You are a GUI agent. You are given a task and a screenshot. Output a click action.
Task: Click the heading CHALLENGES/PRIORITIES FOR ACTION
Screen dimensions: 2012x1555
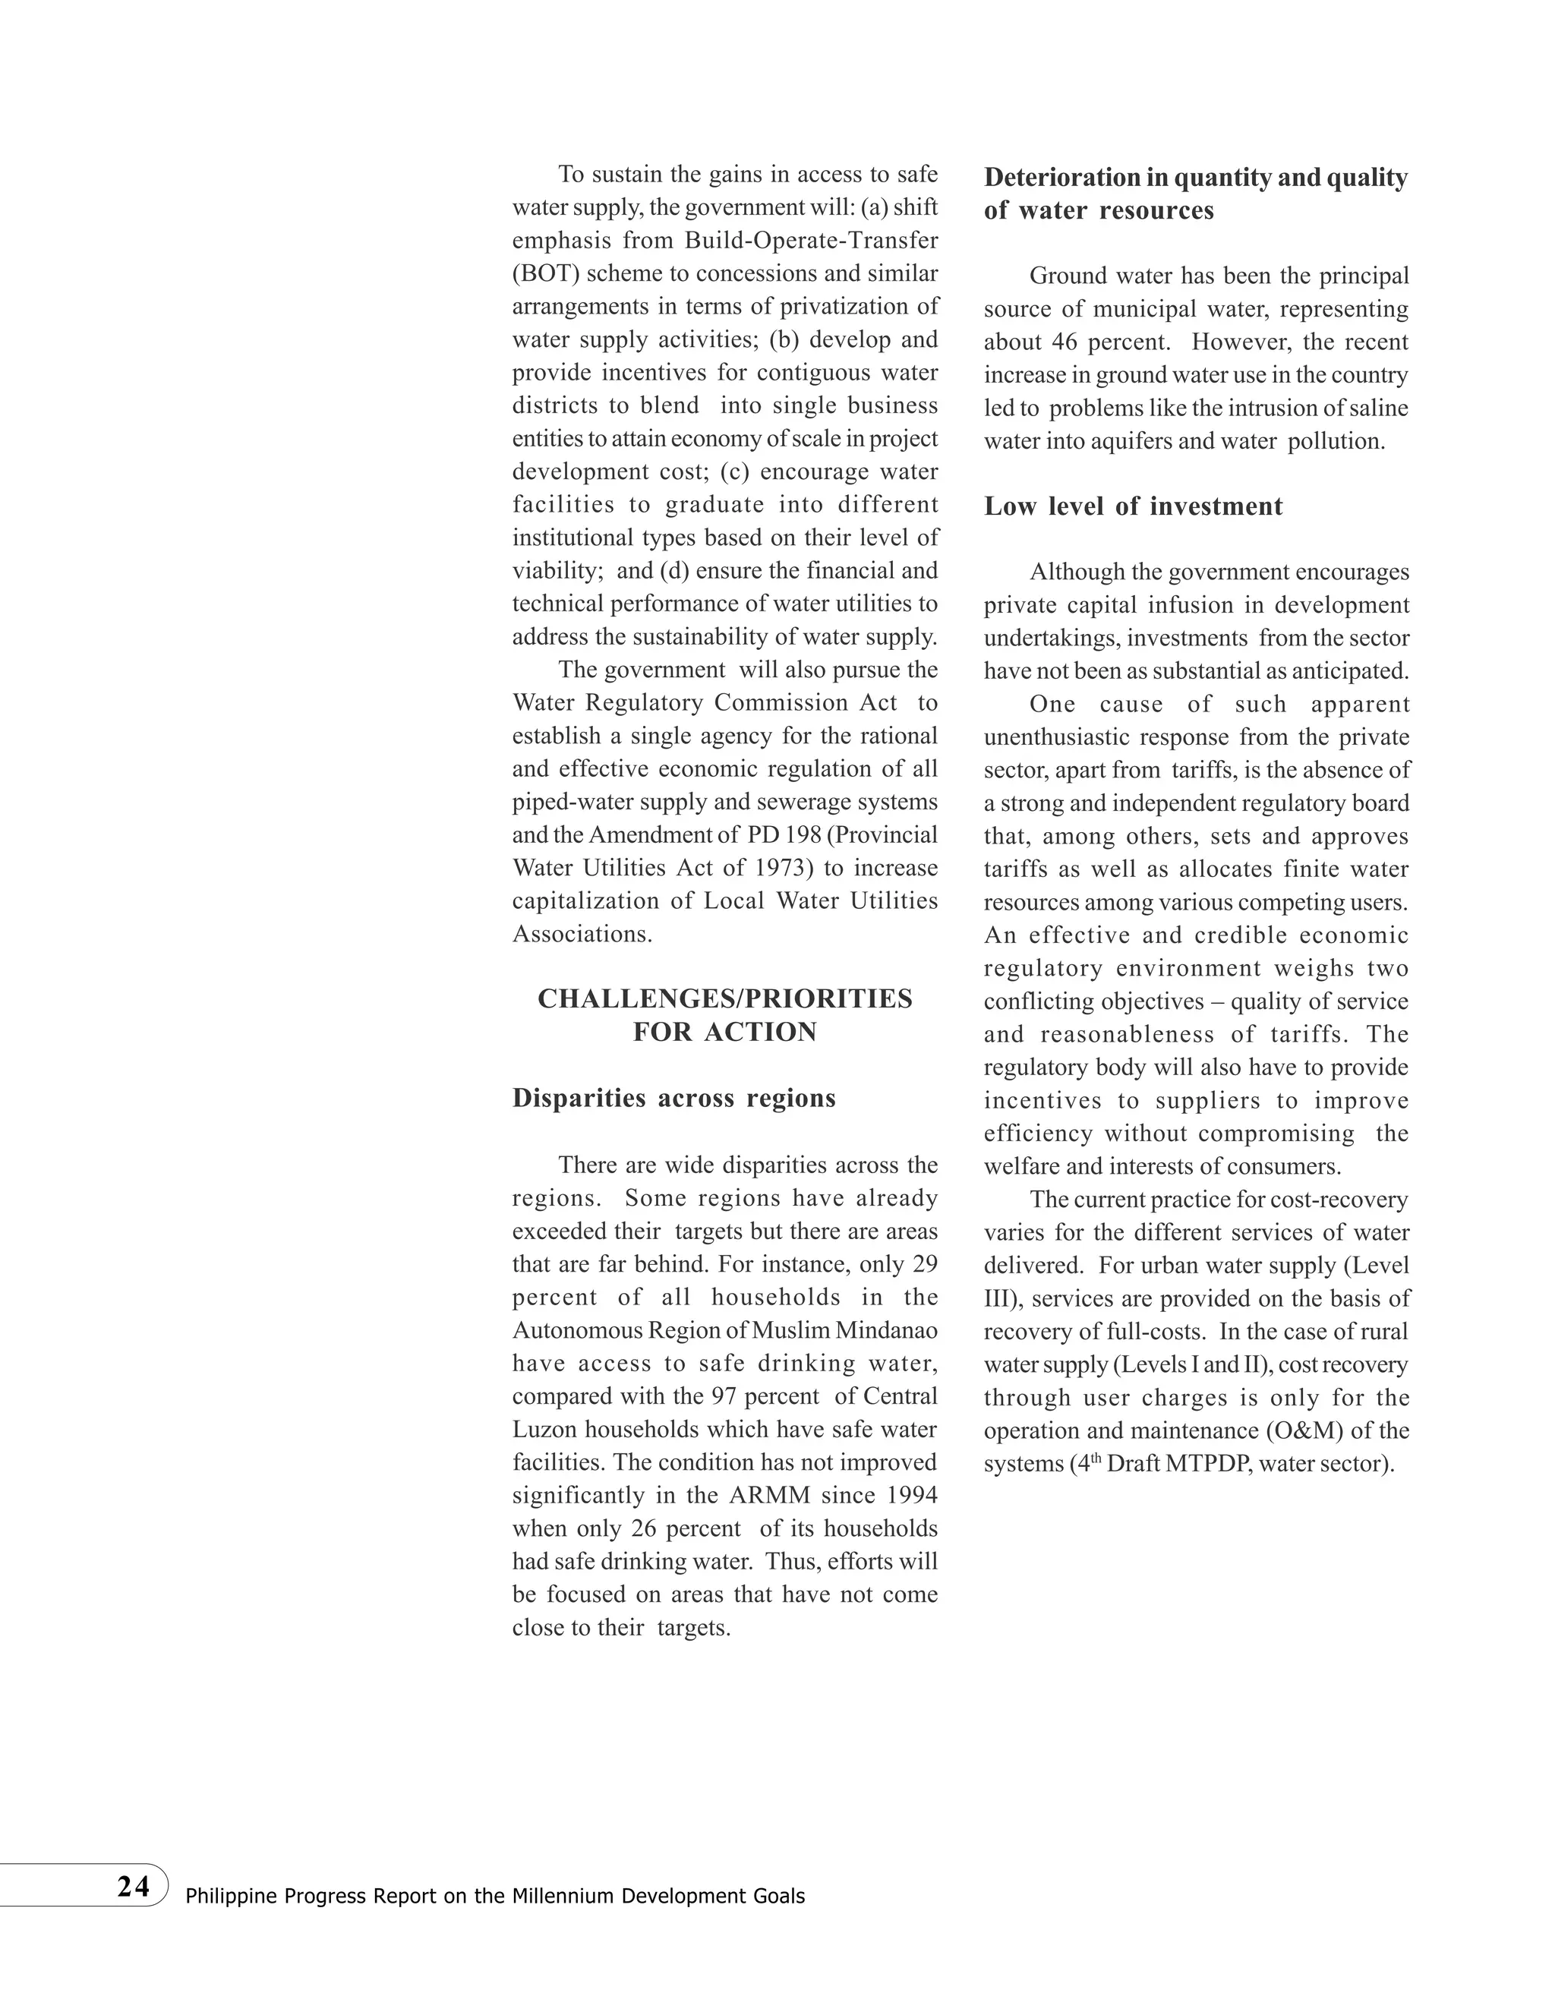(725, 1015)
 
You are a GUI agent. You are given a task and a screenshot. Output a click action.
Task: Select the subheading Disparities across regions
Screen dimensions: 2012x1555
(673, 1098)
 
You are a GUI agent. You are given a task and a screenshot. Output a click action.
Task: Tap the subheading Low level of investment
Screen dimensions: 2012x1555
(1132, 506)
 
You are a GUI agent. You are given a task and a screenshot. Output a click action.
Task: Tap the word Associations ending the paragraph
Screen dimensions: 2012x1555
(582, 934)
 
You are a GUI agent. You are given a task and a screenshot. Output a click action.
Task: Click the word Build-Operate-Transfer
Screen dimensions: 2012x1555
(811, 241)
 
